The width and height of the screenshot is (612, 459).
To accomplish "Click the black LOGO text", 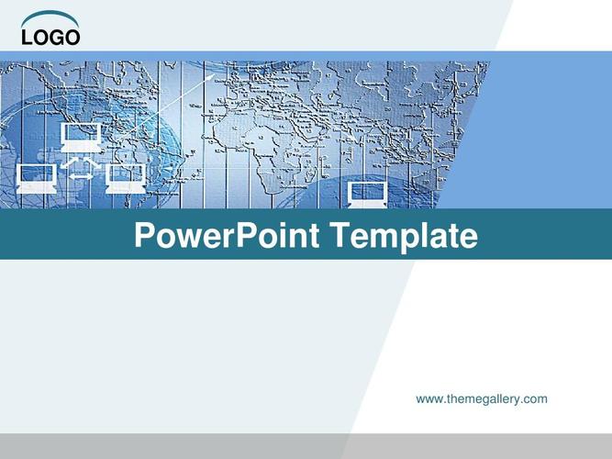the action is pos(50,38).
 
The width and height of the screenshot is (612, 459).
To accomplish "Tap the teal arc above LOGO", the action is pos(50,15).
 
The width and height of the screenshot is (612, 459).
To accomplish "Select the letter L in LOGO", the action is pos(28,38).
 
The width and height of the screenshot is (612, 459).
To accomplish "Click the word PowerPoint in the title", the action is pos(228,235).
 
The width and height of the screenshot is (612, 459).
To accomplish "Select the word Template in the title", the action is pos(405,236).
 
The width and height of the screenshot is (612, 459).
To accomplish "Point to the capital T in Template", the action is pos(340,235).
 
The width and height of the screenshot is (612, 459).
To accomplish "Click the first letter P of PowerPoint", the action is pos(144,235).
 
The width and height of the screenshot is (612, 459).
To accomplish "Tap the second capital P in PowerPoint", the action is pos(247,235).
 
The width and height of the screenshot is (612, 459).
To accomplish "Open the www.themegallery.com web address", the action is pos(482,399).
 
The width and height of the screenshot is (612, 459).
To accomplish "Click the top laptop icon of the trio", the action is pos(81,137).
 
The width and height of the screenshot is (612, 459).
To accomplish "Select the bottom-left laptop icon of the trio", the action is pos(37,178).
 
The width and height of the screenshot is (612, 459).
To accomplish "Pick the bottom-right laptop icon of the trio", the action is pos(126,178).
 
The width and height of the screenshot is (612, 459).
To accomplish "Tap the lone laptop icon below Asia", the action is pos(368,195).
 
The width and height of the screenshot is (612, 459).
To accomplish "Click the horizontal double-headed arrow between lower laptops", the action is pos(81,176).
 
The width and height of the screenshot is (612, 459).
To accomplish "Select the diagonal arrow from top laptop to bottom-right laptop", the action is pos(93,162).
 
